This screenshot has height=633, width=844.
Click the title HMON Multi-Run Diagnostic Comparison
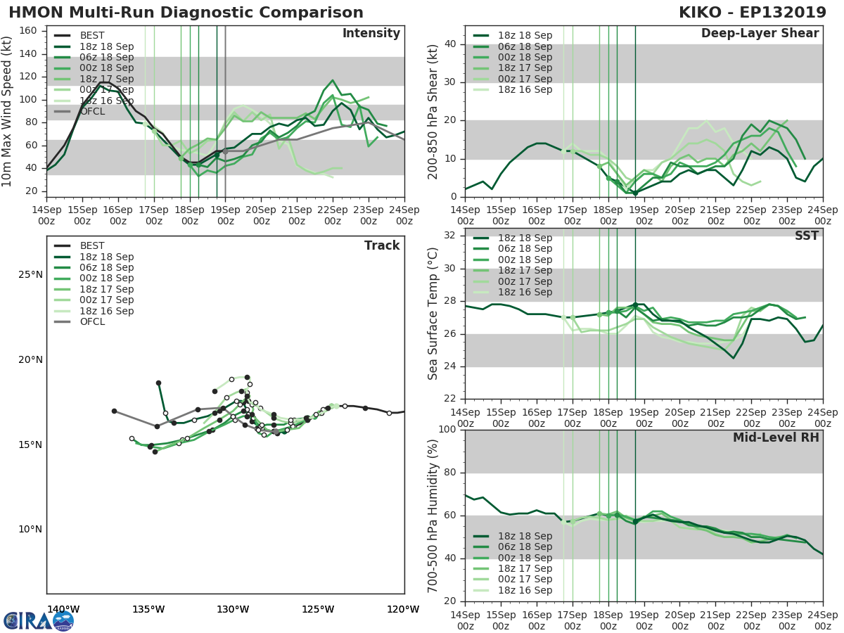coord(186,13)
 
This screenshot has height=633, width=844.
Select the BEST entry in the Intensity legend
coord(91,35)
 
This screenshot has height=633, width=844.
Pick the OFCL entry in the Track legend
coord(91,321)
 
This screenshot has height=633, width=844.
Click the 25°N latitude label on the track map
coord(30,274)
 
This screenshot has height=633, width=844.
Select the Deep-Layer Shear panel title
coord(760,34)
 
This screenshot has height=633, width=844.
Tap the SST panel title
coord(806,236)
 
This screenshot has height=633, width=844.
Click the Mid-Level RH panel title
coord(776,437)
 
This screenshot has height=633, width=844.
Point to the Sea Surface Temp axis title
coord(433,314)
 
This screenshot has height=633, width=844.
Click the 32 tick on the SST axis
coord(448,236)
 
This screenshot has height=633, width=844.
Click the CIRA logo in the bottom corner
coord(38,620)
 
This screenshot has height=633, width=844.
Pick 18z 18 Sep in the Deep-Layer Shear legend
coord(524,35)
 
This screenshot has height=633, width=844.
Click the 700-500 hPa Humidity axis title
coord(433,515)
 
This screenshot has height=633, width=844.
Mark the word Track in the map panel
coord(382,245)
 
